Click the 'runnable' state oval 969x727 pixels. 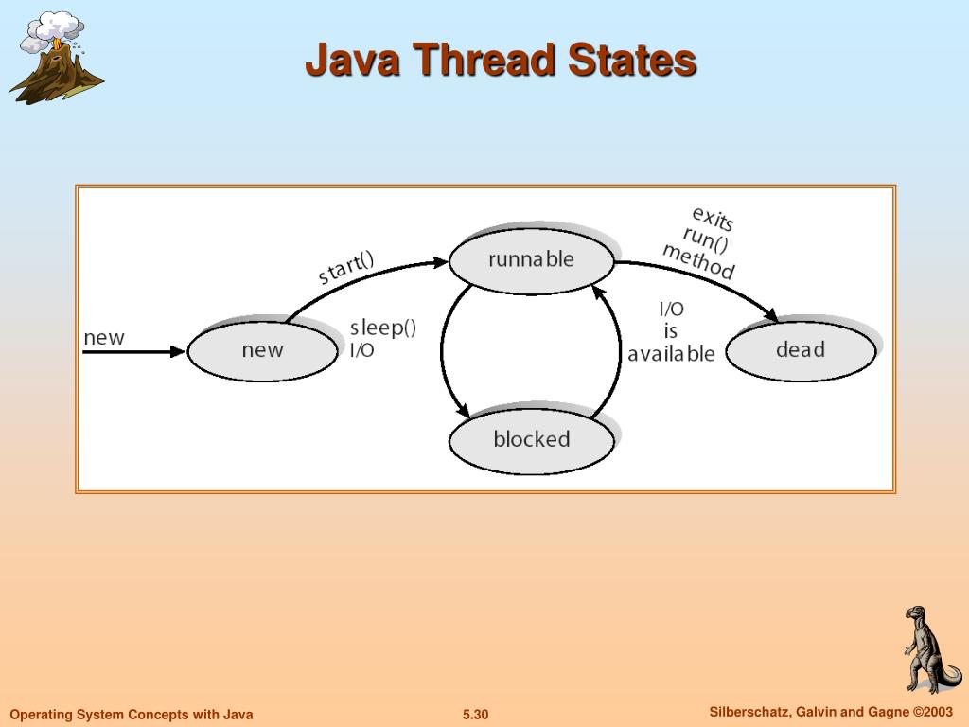pyautogui.click(x=531, y=259)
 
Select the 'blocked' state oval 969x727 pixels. pyautogui.click(x=531, y=439)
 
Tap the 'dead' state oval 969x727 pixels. pyautogui.click(x=801, y=350)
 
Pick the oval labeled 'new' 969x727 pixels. pyautogui.click(x=262, y=350)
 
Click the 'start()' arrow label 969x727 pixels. pyautogui.click(x=346, y=266)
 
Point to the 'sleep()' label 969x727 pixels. pyautogui.click(x=383, y=328)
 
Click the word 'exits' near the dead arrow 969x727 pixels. pyautogui.click(x=713, y=219)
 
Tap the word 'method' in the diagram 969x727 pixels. pyautogui.click(x=698, y=261)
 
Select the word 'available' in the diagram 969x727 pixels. pyautogui.click(x=671, y=354)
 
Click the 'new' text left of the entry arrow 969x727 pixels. pyautogui.click(x=104, y=338)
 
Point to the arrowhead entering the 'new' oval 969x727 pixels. pyautogui.click(x=179, y=351)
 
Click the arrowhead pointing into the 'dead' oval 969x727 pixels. pyautogui.click(x=772, y=317)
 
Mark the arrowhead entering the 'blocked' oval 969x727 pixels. pyautogui.click(x=464, y=412)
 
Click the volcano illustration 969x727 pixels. pyautogui.click(x=55, y=59)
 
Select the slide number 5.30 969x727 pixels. pyautogui.click(x=475, y=715)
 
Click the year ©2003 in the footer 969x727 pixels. pyautogui.click(x=932, y=712)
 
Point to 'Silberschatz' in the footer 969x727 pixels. pyautogui.click(x=749, y=712)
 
